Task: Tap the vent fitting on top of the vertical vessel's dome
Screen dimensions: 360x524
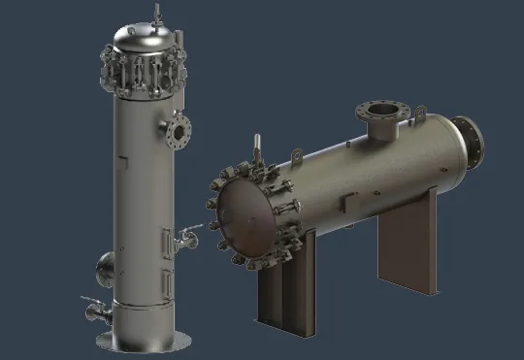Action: point(156,13)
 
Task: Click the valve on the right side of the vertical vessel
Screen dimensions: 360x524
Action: point(187,236)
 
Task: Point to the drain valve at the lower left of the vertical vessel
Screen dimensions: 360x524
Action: point(95,310)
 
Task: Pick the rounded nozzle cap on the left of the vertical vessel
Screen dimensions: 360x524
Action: point(105,263)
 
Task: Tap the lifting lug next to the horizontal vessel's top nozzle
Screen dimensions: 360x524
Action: point(419,115)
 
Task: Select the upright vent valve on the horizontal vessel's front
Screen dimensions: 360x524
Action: point(257,147)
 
